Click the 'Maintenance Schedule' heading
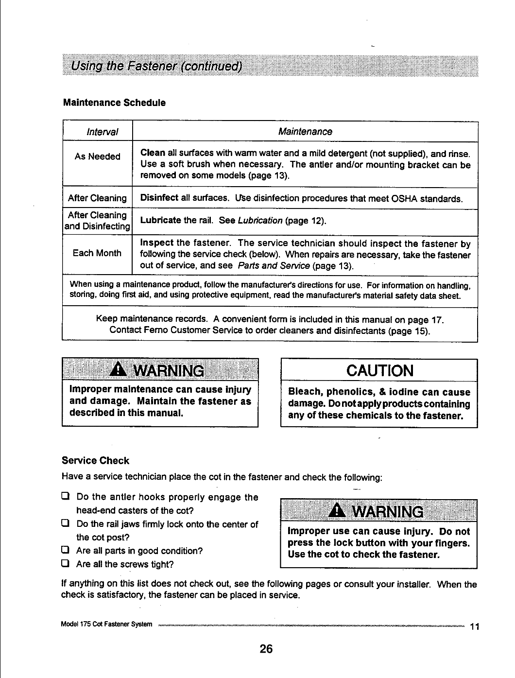114,103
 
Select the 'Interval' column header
102,132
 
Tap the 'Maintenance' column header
305,132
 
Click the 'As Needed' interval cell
97,156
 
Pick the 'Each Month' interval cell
97,253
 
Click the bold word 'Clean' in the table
153,154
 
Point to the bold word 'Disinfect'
159,198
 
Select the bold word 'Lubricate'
161,221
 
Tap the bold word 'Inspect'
156,243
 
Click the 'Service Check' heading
95,461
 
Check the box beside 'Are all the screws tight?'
64,564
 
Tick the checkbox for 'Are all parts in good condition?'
64,551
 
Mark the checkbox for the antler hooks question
64,497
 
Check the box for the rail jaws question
64,524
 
